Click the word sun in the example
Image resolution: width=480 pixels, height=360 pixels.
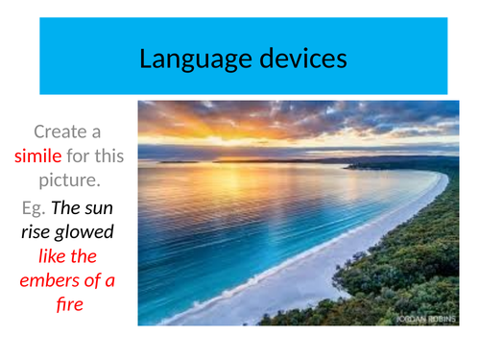pyautogui.click(x=99, y=206)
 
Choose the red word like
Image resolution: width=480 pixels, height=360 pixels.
pyautogui.click(x=52, y=256)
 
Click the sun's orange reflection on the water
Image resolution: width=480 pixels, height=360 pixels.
pyautogui.click(x=240, y=178)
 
